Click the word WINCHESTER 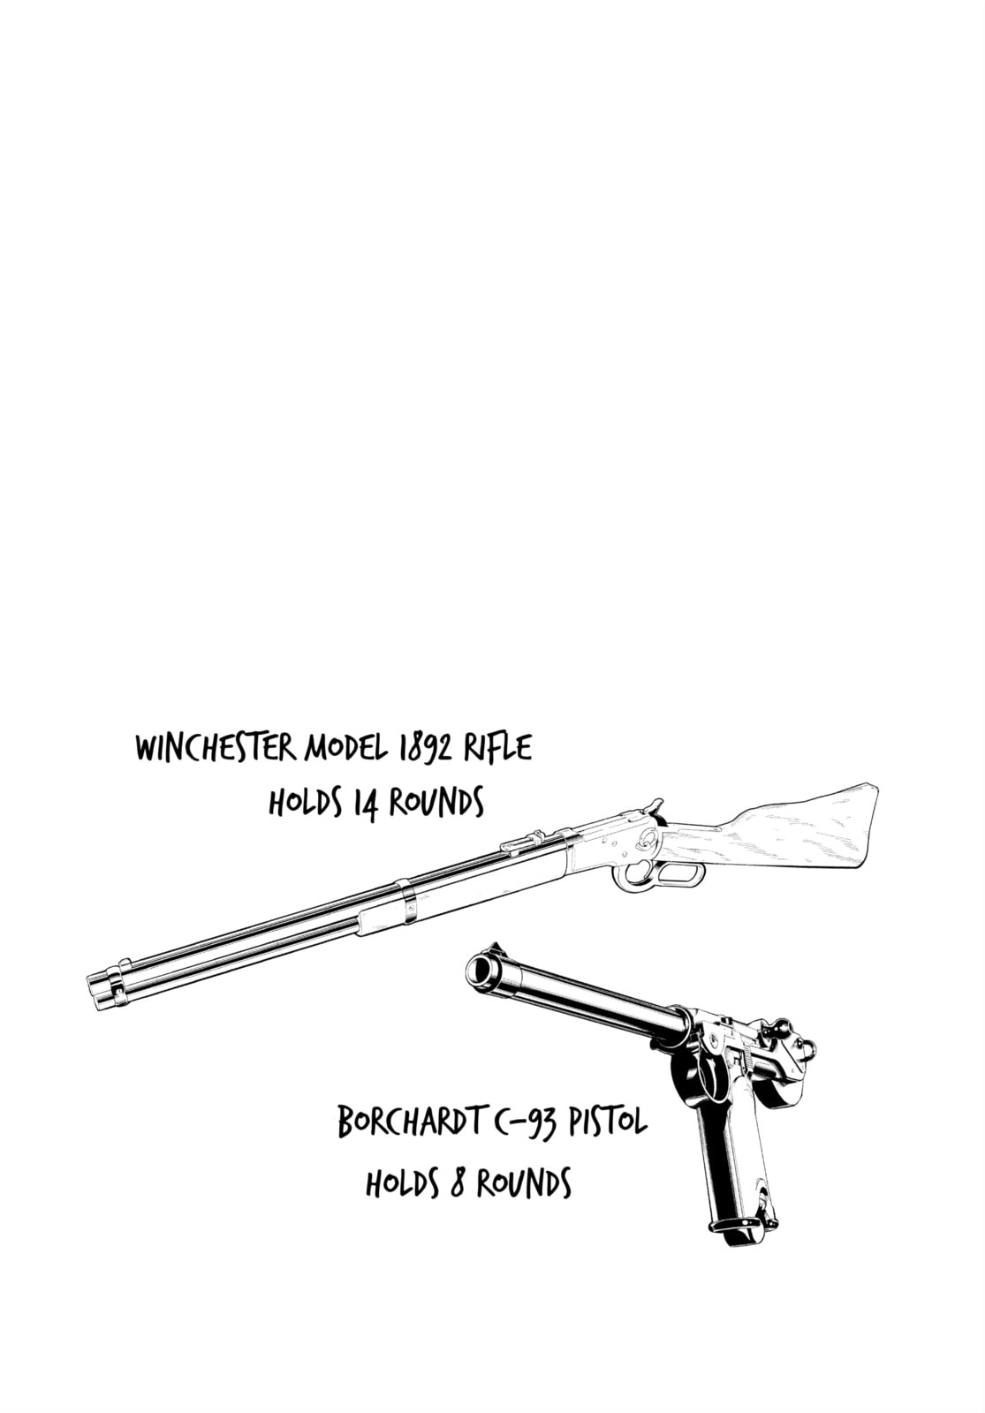[216, 749]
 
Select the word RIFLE [498, 747]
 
